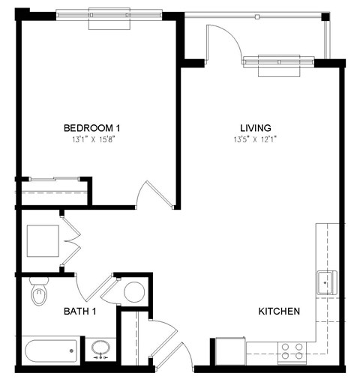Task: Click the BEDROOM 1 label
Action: (92, 127)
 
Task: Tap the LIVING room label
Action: (255, 127)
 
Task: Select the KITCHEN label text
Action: (279, 311)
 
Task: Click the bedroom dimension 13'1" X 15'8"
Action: (92, 139)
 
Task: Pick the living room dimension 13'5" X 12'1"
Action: (255, 139)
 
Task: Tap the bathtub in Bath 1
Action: (51, 350)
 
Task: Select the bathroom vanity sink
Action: (100, 349)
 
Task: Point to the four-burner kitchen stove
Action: (292, 351)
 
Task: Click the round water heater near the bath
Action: (134, 291)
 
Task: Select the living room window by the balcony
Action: (278, 64)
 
